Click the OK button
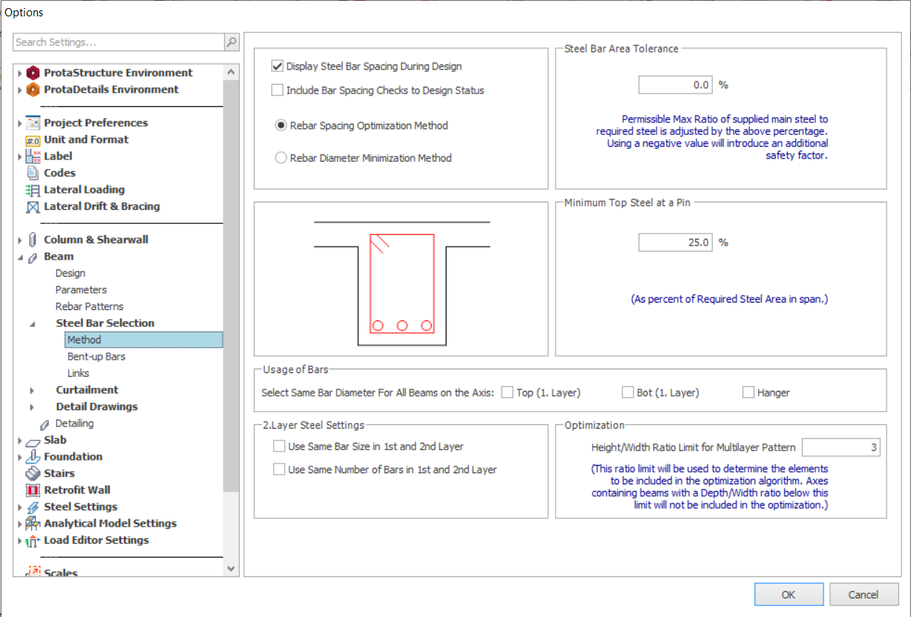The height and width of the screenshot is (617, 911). (789, 594)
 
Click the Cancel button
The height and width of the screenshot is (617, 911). (864, 594)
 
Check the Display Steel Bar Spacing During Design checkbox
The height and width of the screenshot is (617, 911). (277, 66)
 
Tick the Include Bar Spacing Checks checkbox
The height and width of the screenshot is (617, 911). (277, 90)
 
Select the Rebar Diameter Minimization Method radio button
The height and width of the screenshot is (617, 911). (280, 157)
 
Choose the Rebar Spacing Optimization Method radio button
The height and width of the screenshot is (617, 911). (280, 125)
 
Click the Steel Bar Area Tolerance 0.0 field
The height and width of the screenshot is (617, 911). (675, 85)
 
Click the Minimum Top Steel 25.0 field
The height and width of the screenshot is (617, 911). (675, 242)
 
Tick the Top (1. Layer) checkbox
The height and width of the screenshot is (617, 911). (507, 392)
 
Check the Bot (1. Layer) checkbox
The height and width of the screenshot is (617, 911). (628, 392)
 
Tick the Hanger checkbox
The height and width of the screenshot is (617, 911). (748, 392)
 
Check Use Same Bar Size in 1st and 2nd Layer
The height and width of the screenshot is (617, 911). (279, 446)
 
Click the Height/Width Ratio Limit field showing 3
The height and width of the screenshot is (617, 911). (841, 447)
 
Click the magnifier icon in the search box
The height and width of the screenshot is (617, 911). (231, 42)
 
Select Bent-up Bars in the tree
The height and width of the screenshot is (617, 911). (96, 356)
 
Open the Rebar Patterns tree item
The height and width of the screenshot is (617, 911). (90, 306)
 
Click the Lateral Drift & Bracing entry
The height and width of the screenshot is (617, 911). (102, 206)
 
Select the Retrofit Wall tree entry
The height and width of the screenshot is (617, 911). (77, 489)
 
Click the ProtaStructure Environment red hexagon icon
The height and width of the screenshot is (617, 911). (33, 73)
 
